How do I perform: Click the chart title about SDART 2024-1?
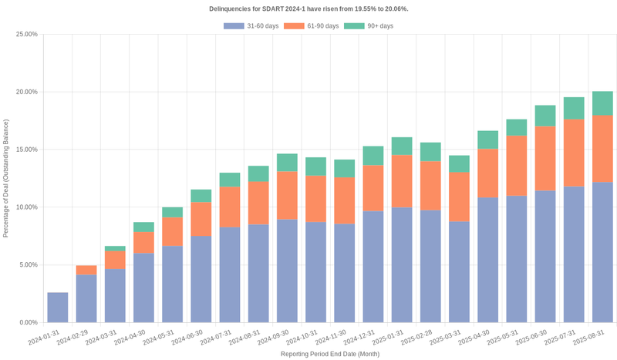(x=308, y=8)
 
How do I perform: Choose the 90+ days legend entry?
(x=369, y=26)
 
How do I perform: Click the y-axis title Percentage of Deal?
(x=6, y=178)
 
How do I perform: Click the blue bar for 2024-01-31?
(x=58, y=307)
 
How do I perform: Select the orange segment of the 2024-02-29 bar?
(x=86, y=270)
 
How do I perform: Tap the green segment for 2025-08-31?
(x=602, y=103)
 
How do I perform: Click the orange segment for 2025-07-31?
(x=574, y=153)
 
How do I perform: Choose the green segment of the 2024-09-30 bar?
(x=287, y=162)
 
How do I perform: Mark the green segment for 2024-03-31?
(x=115, y=248)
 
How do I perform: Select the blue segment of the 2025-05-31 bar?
(x=517, y=258)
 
